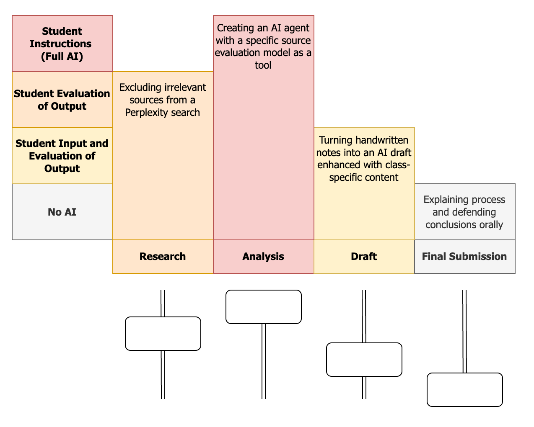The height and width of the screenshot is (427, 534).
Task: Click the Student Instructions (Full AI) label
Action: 62,44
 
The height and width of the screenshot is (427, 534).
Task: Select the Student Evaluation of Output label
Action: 62,100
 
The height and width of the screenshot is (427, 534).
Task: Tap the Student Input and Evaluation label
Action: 62,156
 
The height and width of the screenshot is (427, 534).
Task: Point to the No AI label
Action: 62,212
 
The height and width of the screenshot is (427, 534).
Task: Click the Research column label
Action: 163,257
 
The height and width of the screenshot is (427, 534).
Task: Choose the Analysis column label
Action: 263,257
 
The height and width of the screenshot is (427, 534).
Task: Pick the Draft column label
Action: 364,257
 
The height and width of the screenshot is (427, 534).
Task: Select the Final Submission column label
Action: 464,257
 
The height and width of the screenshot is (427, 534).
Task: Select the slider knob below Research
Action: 163,334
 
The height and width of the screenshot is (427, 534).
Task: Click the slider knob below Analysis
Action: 264,307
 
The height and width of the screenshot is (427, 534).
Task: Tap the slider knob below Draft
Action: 364,360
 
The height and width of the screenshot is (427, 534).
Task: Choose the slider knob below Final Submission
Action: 465,390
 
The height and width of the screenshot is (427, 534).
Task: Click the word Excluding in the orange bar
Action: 140,87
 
